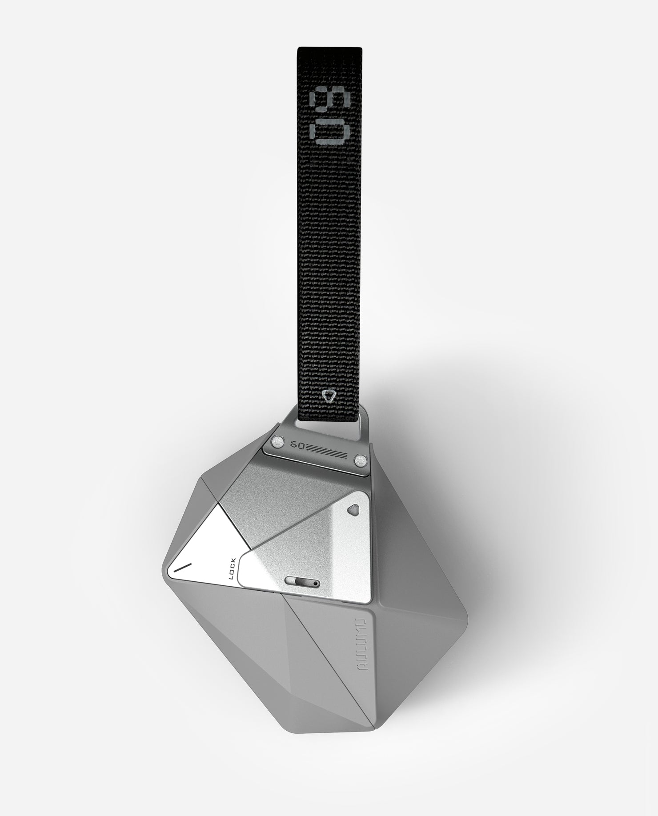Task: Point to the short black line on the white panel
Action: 182,568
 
